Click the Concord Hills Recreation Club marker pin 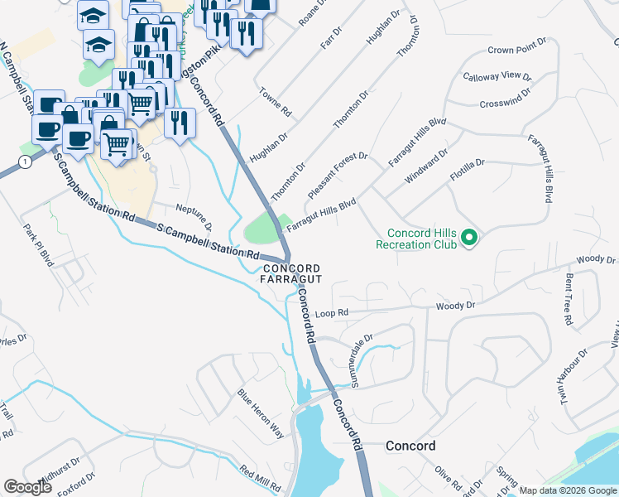tap(469, 239)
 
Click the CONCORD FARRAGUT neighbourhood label tap(291, 273)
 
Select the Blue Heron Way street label tap(261, 413)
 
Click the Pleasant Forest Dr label tap(336, 173)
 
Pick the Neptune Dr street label tap(195, 215)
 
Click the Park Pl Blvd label tap(39, 245)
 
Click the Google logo tap(28, 487)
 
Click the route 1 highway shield tap(26, 162)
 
